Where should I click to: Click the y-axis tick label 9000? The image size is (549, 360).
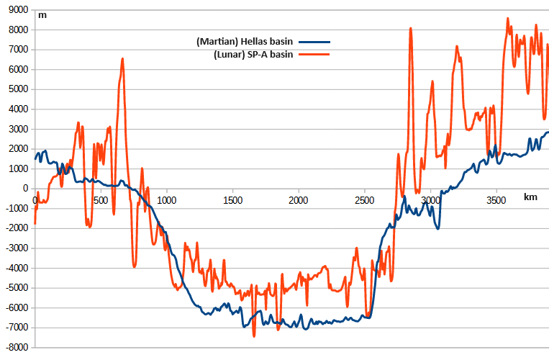click(x=17, y=10)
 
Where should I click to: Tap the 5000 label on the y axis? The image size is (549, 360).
click(x=17, y=89)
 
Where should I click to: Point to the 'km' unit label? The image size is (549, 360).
click(x=530, y=197)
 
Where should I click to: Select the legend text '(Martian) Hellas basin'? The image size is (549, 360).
click(x=245, y=41)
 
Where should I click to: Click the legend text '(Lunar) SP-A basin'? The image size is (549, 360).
click(x=253, y=55)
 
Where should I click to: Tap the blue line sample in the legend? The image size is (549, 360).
click(x=314, y=41)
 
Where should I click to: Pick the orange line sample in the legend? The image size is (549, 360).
click(x=314, y=55)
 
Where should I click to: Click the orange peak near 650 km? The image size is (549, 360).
click(x=123, y=59)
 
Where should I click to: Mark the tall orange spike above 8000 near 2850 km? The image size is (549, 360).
click(x=410, y=29)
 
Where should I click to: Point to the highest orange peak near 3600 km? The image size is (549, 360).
click(x=507, y=19)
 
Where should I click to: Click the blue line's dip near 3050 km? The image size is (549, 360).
click(x=437, y=228)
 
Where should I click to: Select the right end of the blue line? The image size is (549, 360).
click(x=548, y=132)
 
